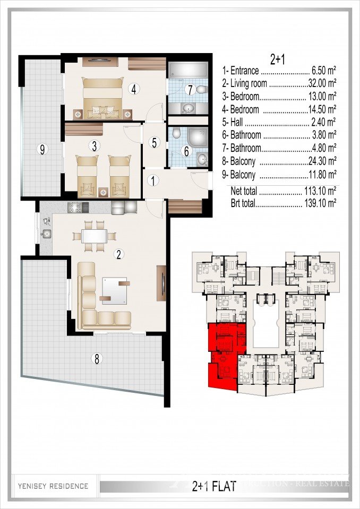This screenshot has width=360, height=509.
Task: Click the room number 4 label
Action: pyautogui.click(x=134, y=89)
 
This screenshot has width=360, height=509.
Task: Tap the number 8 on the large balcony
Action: pyautogui.click(x=96, y=359)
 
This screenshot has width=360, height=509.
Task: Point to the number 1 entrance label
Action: pyautogui.click(x=153, y=180)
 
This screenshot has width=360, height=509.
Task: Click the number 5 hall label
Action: pyautogui.click(x=154, y=142)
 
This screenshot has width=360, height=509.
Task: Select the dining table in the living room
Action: pyautogui.click(x=94, y=235)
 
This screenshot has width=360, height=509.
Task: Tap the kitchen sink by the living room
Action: pyautogui.click(x=47, y=234)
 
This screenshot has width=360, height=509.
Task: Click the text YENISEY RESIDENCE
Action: pyautogui.click(x=53, y=486)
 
